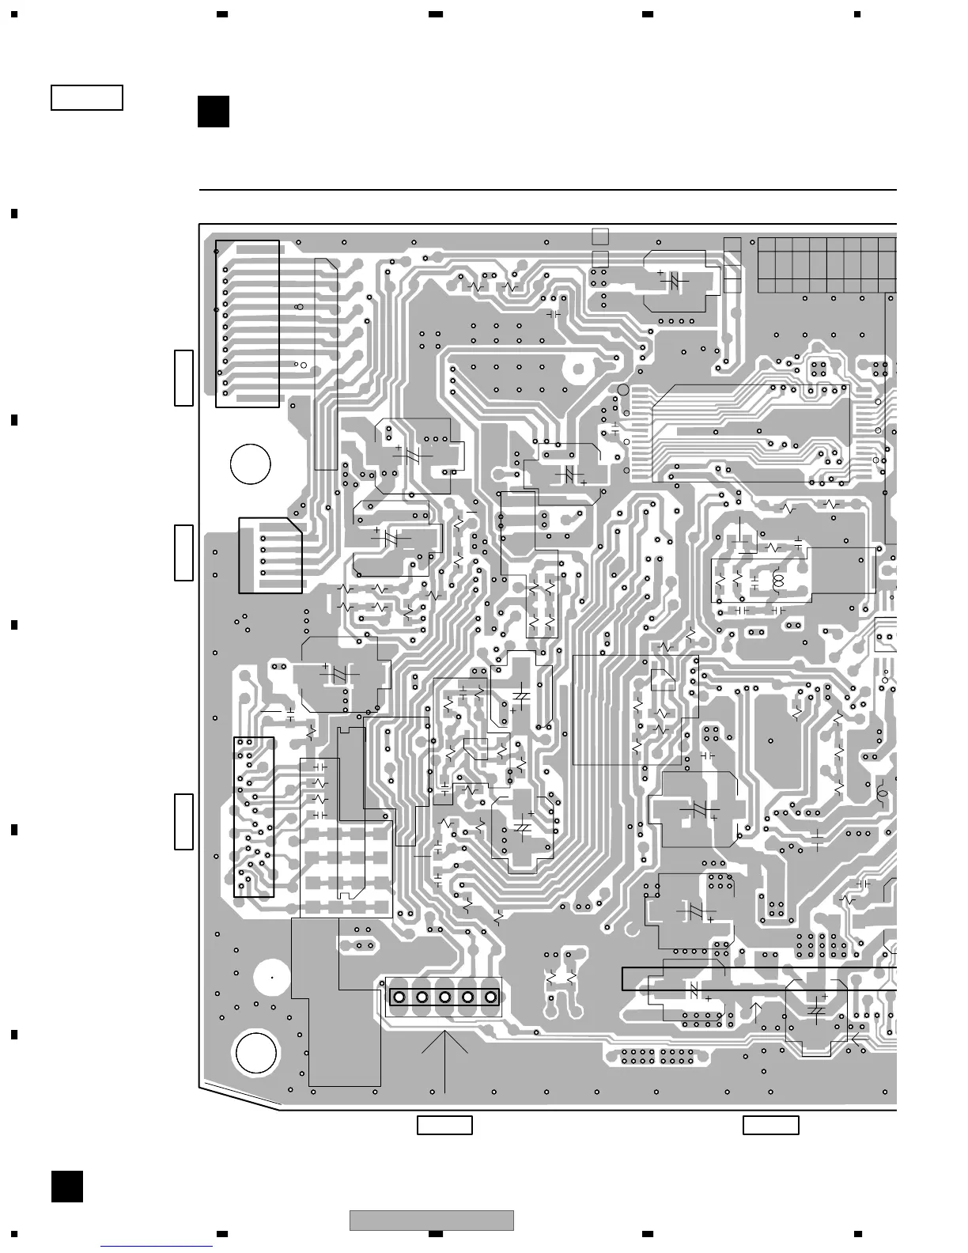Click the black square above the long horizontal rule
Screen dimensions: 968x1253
click(214, 112)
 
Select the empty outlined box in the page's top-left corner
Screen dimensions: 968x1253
click(87, 97)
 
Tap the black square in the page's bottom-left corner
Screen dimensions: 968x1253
click(67, 1187)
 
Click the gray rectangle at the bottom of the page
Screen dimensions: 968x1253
click(432, 1221)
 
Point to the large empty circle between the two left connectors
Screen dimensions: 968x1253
click(251, 464)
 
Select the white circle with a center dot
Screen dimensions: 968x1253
click(272, 978)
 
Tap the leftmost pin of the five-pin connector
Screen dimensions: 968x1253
click(399, 997)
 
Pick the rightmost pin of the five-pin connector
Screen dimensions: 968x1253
click(491, 997)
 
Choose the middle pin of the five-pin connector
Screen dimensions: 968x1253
click(444, 997)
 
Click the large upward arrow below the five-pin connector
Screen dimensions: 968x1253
click(445, 1060)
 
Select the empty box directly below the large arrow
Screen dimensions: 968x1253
click(444, 1125)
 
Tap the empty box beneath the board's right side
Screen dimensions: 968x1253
click(771, 1125)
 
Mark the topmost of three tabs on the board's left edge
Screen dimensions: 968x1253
click(183, 377)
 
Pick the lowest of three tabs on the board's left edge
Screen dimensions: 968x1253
click(183, 821)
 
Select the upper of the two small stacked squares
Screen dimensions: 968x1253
click(600, 237)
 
